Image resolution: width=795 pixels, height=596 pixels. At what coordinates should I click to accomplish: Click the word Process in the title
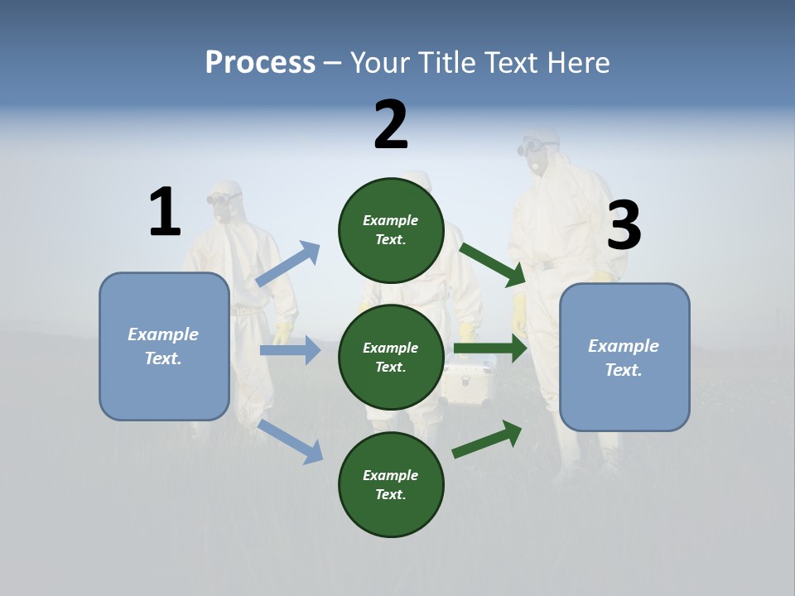[x=260, y=62]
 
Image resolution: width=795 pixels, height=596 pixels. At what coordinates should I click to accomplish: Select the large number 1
[x=165, y=213]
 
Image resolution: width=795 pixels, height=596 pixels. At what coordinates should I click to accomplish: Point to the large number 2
[x=391, y=125]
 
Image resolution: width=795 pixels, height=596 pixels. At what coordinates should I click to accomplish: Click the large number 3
[x=624, y=225]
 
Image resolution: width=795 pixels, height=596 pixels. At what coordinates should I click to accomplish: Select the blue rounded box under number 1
[x=164, y=346]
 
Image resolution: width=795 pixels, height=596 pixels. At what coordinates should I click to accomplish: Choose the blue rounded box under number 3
[x=624, y=357]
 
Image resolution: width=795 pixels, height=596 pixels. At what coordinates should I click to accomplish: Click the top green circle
[x=391, y=229]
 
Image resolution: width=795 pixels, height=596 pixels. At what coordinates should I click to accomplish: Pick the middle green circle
[x=391, y=357]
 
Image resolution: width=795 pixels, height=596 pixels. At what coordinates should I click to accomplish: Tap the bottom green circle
[x=391, y=484]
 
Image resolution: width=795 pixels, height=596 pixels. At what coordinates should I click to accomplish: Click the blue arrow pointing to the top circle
[x=288, y=264]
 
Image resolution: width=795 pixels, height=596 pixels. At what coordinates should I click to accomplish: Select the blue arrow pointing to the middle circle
[x=290, y=350]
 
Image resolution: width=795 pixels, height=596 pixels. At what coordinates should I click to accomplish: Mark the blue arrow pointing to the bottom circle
[x=291, y=441]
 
